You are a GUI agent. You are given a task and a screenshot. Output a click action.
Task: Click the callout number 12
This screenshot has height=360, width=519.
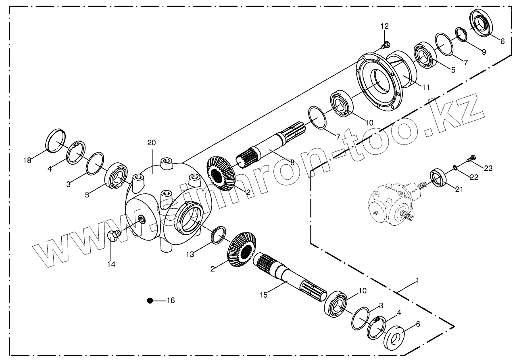pos(384,26)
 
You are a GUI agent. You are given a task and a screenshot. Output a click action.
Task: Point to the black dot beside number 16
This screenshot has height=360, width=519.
pos(150,301)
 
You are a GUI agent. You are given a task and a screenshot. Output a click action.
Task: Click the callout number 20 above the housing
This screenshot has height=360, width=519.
pos(151,143)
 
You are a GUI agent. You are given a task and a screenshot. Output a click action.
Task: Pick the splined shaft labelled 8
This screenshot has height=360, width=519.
pos(272,145)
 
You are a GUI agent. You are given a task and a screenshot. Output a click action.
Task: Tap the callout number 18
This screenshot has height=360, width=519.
pos(27,161)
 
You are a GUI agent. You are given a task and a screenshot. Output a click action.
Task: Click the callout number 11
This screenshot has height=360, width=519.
pos(426,87)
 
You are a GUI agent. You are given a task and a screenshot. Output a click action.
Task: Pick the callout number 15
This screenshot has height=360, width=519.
pos(263,295)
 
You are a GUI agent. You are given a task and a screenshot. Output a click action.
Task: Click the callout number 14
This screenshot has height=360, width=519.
pos(111,264)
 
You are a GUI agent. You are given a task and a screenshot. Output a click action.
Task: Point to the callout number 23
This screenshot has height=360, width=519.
pos(488,168)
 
